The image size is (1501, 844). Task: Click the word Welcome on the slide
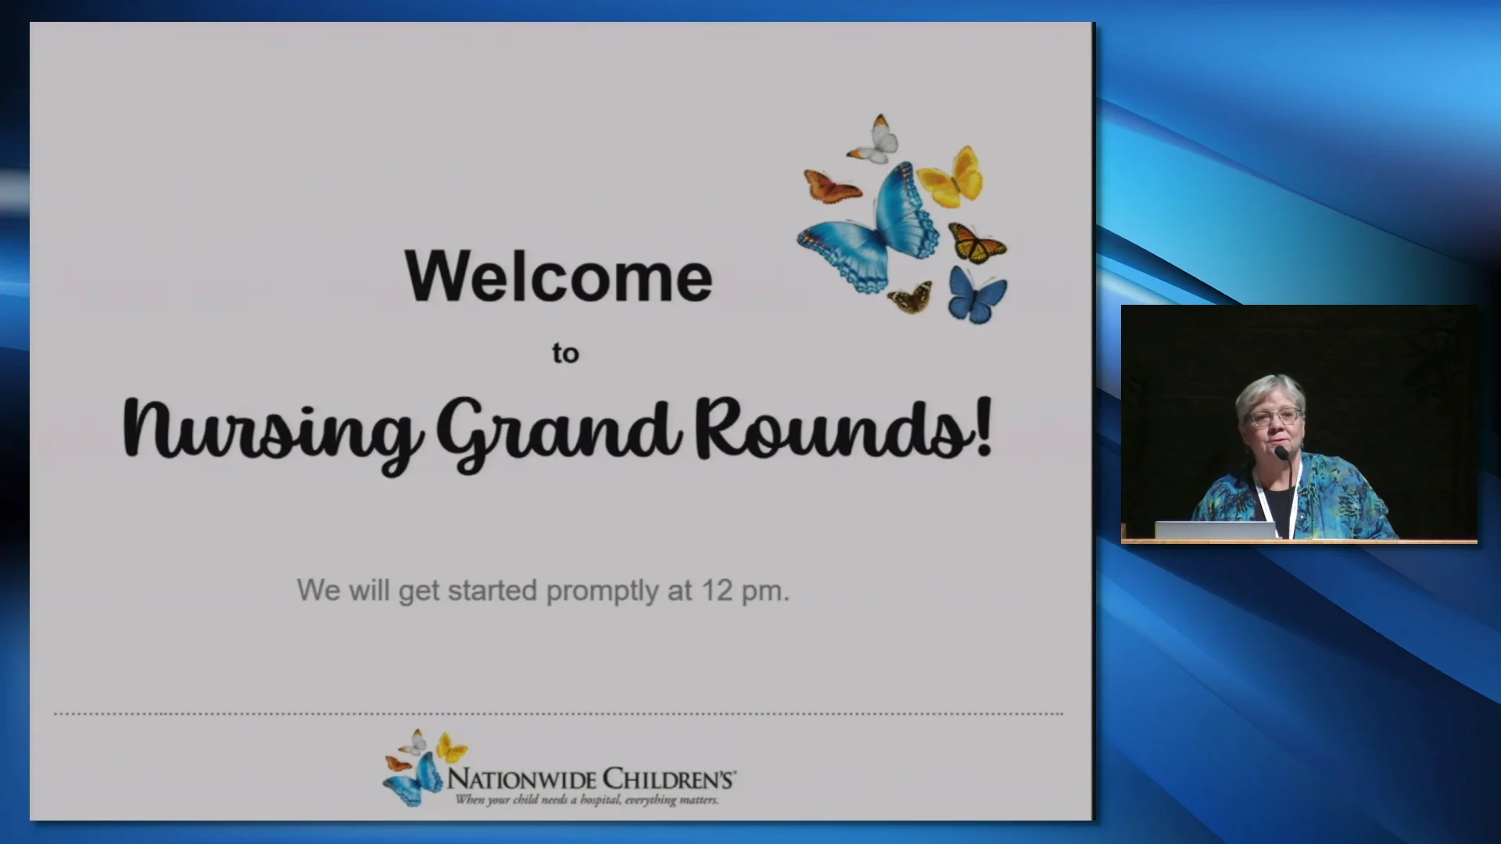[x=558, y=276]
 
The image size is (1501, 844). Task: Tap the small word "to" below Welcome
[x=565, y=353]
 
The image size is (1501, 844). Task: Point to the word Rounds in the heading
[x=829, y=428]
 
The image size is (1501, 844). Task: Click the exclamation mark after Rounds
[x=983, y=427]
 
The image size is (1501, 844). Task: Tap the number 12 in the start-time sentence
[x=716, y=590]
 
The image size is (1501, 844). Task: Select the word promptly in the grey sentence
[x=602, y=592]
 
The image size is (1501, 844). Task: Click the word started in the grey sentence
[x=492, y=590]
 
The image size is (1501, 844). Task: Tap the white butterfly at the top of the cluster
[x=878, y=141]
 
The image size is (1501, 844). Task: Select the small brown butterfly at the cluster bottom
[x=911, y=297]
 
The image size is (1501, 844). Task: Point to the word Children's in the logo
[x=668, y=779]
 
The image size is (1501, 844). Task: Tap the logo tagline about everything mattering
[x=586, y=799]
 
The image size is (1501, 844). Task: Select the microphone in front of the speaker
[x=1281, y=453]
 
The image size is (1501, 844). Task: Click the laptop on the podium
[x=1215, y=531]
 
